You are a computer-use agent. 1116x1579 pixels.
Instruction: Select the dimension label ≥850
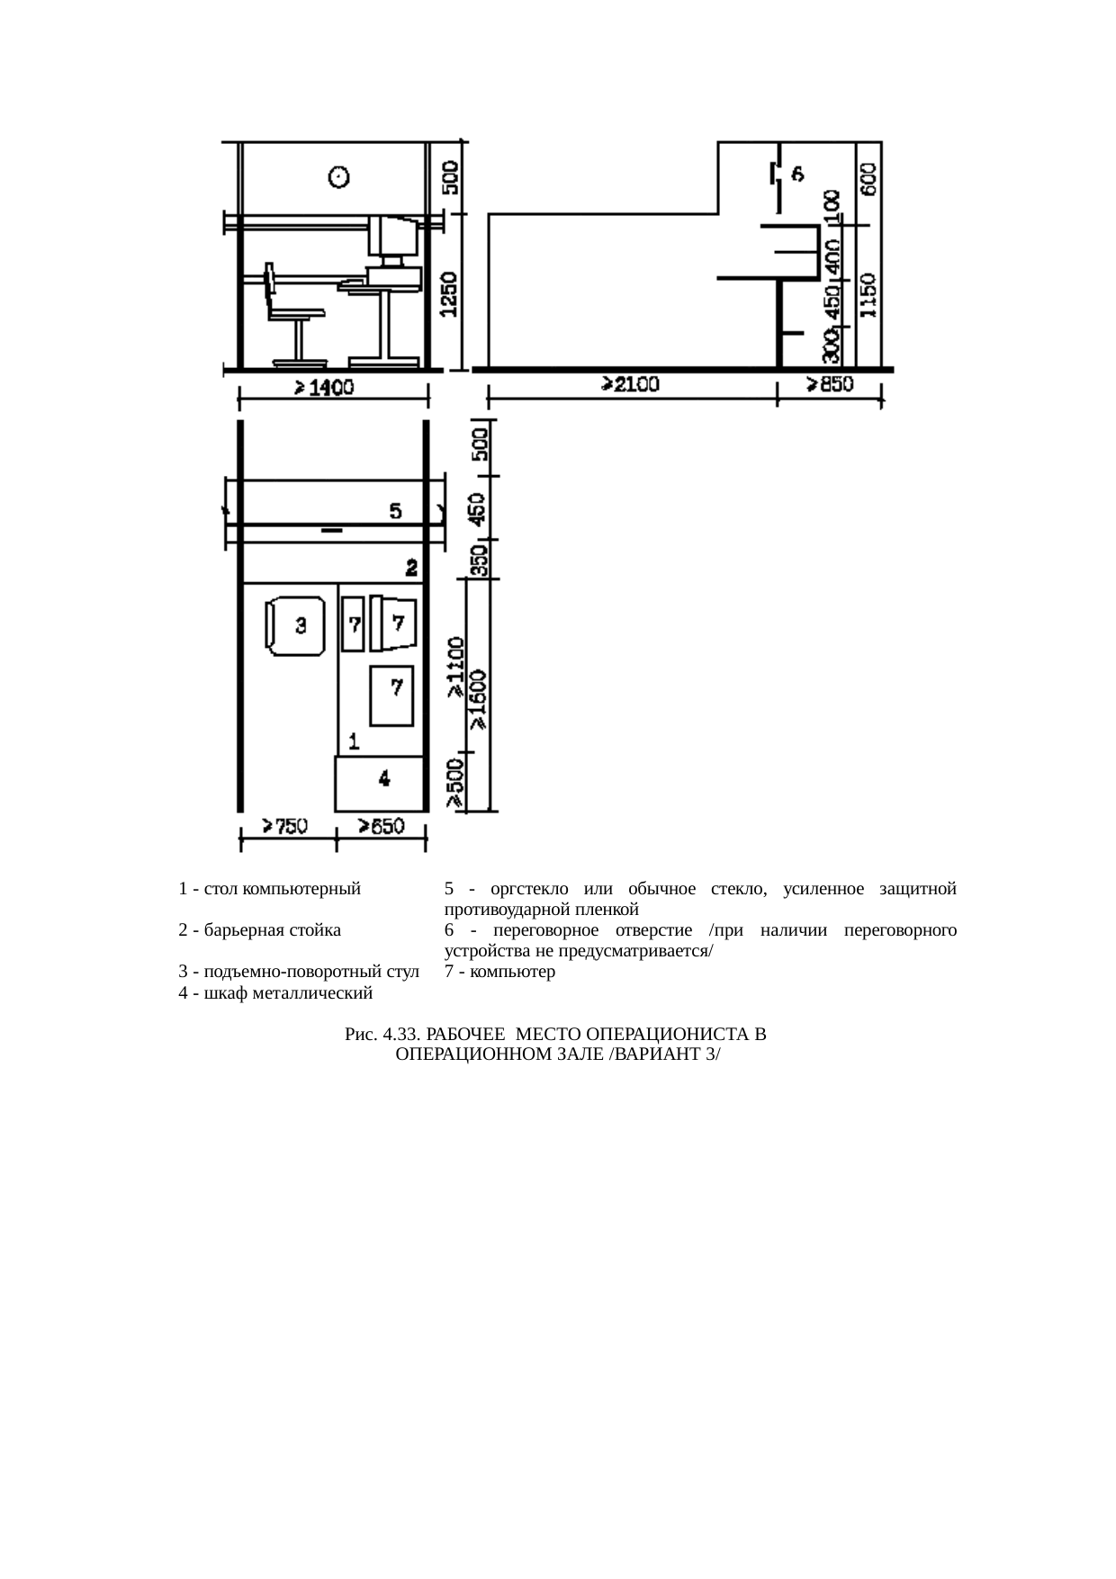(829, 385)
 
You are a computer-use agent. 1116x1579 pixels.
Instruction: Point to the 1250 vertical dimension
(450, 294)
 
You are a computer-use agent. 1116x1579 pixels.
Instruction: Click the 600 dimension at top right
(870, 179)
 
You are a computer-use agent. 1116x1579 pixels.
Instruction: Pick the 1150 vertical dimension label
(868, 296)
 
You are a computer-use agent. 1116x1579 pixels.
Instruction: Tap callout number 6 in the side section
(797, 174)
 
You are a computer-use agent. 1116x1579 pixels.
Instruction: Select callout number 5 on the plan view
(395, 511)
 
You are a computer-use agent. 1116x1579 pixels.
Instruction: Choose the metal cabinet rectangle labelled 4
(381, 783)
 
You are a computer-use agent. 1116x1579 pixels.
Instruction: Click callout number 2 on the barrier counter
(411, 568)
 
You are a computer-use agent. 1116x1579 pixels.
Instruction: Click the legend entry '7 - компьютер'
(499, 972)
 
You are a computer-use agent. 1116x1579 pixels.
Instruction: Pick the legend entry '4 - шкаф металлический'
(275, 993)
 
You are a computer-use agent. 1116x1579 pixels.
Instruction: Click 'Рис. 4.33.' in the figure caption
(378, 1035)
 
